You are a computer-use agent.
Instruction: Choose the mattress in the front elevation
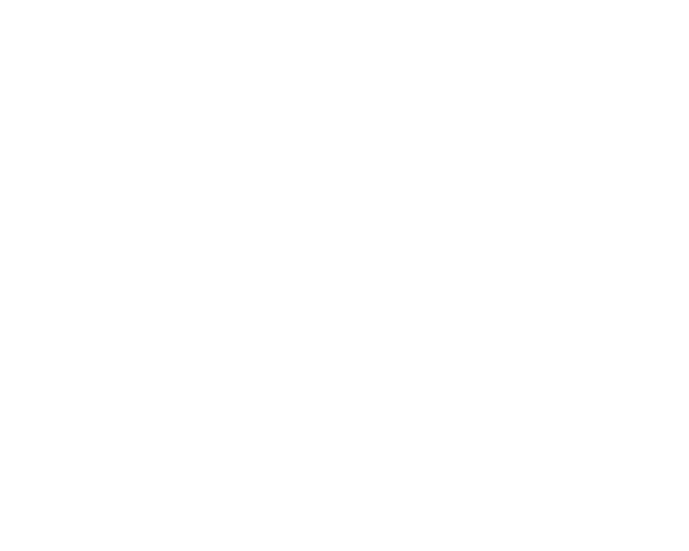202,168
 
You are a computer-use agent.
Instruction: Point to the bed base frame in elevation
202,195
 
